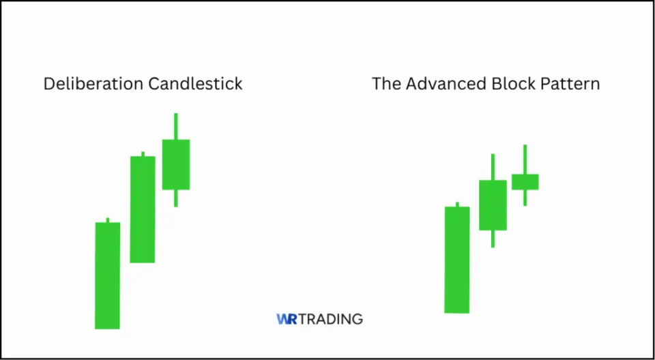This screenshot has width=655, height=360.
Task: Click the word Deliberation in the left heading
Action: click(x=88, y=84)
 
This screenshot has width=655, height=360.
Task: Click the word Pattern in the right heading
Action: click(x=571, y=84)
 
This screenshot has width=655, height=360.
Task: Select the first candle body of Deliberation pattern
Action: click(x=107, y=275)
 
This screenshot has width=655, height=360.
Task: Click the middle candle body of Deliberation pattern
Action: click(x=143, y=209)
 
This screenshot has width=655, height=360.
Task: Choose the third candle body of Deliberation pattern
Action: click(x=175, y=164)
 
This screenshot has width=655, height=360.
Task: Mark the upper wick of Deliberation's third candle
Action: click(x=175, y=126)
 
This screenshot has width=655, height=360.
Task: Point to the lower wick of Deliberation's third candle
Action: click(x=175, y=198)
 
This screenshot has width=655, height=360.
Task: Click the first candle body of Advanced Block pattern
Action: click(x=457, y=260)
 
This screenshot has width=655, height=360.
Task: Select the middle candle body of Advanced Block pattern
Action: click(x=493, y=205)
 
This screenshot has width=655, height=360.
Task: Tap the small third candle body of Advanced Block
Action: click(x=525, y=181)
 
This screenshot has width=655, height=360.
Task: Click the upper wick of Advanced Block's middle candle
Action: click(x=493, y=167)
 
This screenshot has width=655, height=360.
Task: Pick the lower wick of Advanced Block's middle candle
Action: click(x=493, y=238)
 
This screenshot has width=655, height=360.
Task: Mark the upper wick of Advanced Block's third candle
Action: click(x=525, y=160)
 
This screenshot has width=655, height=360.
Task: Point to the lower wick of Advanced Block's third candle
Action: click(x=525, y=197)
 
